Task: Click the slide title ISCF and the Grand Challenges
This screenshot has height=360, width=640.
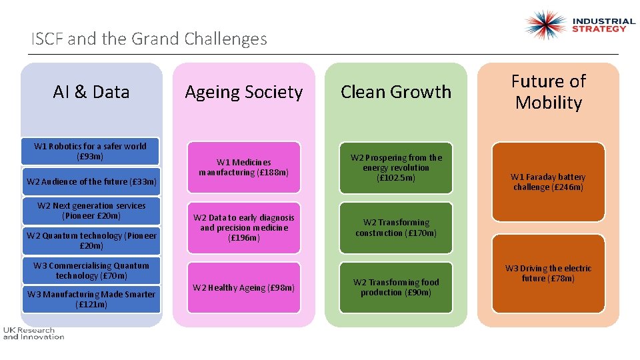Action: pos(149,39)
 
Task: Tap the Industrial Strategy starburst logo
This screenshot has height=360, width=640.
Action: pos(545,25)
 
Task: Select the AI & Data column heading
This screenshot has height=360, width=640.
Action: pos(91,92)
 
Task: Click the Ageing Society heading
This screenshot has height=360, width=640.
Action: pos(243,92)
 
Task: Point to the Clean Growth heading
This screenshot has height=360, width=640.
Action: pos(396,92)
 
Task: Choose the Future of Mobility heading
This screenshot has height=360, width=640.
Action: pos(548,92)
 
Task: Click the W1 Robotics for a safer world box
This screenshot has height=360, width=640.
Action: pos(91,151)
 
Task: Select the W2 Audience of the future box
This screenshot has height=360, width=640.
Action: pos(91,181)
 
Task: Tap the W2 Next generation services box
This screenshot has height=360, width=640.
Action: pos(91,211)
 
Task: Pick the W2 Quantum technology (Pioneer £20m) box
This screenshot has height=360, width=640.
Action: pos(91,241)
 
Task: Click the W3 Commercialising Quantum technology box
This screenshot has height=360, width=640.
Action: pos(91,270)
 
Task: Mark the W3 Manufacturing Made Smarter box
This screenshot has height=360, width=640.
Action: pos(91,299)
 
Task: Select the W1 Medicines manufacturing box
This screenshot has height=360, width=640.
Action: pos(243,167)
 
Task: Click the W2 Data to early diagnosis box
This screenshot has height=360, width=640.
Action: pos(243,228)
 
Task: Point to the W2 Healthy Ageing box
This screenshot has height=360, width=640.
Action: pos(243,288)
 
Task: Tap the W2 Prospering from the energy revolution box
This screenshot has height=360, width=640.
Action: pos(396,167)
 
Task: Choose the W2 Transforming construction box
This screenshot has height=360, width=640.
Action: pos(396,228)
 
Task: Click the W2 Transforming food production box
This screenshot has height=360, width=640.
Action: pos(396,287)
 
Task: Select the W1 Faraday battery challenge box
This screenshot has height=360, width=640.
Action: pos(548,181)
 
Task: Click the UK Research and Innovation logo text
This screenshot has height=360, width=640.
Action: pos(33,333)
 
